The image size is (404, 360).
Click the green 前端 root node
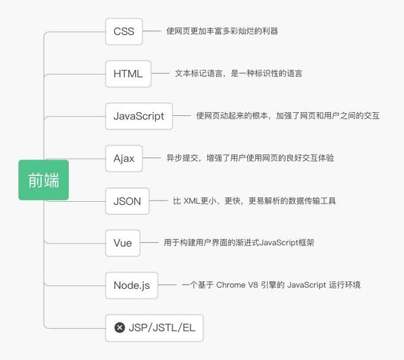(x=44, y=180)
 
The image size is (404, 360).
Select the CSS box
(x=124, y=32)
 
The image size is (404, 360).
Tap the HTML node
(x=128, y=74)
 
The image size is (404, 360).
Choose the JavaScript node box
(x=139, y=116)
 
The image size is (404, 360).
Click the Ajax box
(x=124, y=158)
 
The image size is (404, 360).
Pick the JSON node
(x=127, y=201)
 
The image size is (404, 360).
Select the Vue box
(x=122, y=243)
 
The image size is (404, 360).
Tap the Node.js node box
(x=131, y=285)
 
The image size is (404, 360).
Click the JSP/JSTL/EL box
(x=154, y=328)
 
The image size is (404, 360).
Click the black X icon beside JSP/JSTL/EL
(x=119, y=328)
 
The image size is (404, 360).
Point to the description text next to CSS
(x=222, y=31)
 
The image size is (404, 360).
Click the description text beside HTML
(x=239, y=73)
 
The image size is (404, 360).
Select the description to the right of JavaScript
(x=287, y=116)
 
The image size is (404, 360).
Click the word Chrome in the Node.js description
(x=232, y=285)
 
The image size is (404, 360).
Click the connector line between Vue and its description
(x=149, y=243)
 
